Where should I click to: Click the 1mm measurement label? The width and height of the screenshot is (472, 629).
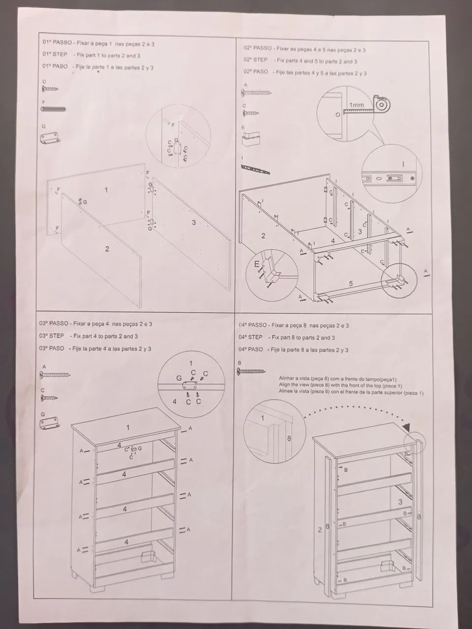(356, 105)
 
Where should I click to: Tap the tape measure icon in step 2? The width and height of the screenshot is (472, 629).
(381, 105)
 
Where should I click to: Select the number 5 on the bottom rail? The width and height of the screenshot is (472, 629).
(351, 284)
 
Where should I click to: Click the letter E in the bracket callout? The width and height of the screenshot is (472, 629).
(257, 264)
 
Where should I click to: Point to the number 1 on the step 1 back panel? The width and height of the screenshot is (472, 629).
(106, 190)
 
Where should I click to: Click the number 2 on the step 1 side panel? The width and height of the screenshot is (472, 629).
(107, 249)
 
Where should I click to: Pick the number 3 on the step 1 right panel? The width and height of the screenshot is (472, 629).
(194, 223)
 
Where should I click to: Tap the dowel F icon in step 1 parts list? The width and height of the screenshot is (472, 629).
(53, 109)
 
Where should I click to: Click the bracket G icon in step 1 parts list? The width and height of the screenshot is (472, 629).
(50, 137)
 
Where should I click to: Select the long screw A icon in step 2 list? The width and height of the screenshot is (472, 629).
(256, 92)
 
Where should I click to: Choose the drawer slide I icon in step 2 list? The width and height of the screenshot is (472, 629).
(255, 169)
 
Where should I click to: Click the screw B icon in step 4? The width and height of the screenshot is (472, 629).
(251, 372)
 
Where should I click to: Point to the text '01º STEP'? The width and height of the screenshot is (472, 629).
(55, 55)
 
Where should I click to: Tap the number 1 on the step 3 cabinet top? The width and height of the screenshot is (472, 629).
(128, 428)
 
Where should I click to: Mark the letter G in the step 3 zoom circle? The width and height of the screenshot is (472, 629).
(179, 378)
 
